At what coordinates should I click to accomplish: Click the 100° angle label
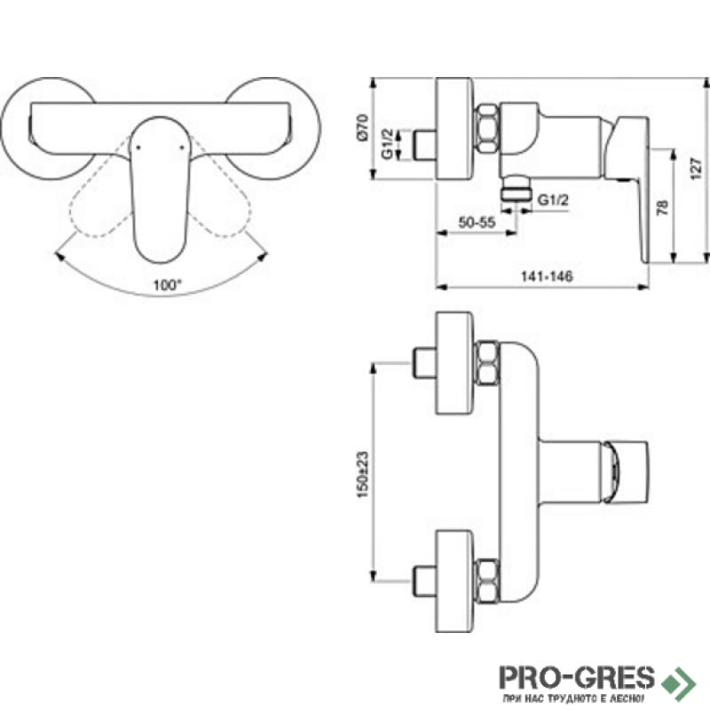[167, 285]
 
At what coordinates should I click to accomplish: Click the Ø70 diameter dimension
[363, 128]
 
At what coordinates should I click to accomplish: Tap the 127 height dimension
[697, 168]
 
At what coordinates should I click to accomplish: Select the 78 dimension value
[662, 208]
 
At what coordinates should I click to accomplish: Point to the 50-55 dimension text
[477, 223]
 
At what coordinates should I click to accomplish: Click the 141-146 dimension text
[547, 276]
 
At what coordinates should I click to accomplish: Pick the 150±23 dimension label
[363, 475]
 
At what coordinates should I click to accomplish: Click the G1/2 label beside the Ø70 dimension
[388, 144]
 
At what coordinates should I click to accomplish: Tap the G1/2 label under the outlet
[553, 200]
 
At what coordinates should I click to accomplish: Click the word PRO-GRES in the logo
[577, 677]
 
